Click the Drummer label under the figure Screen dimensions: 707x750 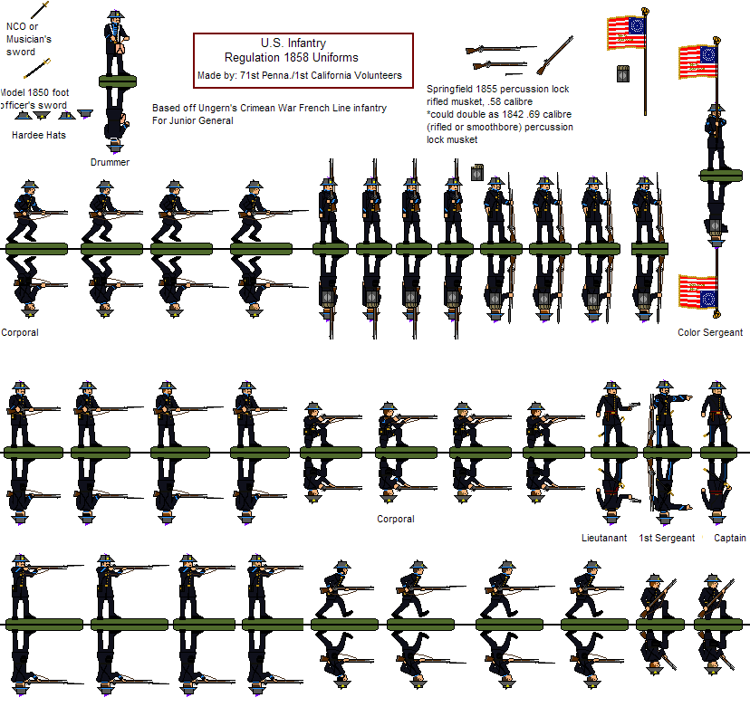[x=110, y=163]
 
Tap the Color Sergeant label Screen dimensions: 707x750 [x=710, y=332]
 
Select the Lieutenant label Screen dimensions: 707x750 [x=604, y=538]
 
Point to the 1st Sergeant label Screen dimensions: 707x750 [x=667, y=538]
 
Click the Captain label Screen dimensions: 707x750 [x=730, y=538]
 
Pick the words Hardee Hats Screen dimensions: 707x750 [x=38, y=136]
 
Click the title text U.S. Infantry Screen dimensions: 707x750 [x=293, y=43]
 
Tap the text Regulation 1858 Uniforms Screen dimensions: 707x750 [x=291, y=59]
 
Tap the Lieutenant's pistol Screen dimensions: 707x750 [x=634, y=405]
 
